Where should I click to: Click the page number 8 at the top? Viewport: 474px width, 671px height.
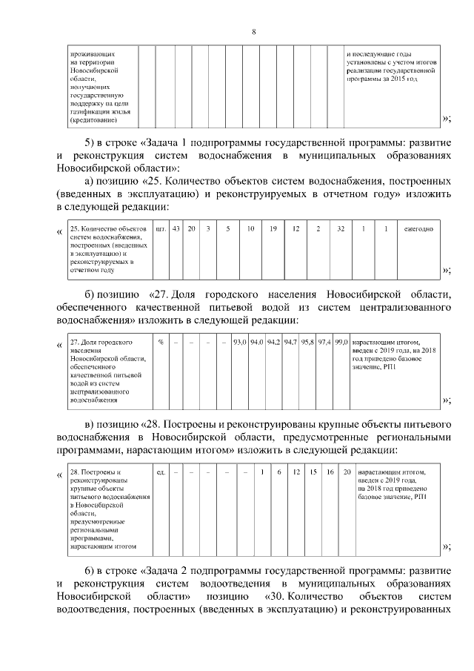click(253, 32)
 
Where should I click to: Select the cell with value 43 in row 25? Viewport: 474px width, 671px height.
click(176, 228)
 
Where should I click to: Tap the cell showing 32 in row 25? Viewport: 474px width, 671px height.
click(341, 228)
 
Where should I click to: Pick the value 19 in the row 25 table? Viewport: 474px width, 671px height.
click(273, 228)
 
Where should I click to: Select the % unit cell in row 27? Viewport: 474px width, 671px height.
click(161, 342)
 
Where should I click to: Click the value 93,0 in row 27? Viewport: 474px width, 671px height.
click(238, 342)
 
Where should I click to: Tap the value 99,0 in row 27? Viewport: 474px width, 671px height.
click(341, 342)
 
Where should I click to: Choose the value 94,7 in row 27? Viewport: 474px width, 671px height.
click(290, 342)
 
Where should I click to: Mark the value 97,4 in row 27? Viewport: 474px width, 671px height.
click(324, 342)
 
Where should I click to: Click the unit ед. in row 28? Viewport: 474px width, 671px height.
click(161, 471)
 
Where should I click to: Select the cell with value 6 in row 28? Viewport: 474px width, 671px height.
click(278, 471)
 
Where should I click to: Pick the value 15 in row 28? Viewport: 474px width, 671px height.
click(313, 471)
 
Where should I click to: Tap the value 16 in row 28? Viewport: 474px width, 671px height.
click(330, 471)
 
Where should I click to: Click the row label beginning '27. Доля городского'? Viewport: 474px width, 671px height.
click(101, 342)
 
